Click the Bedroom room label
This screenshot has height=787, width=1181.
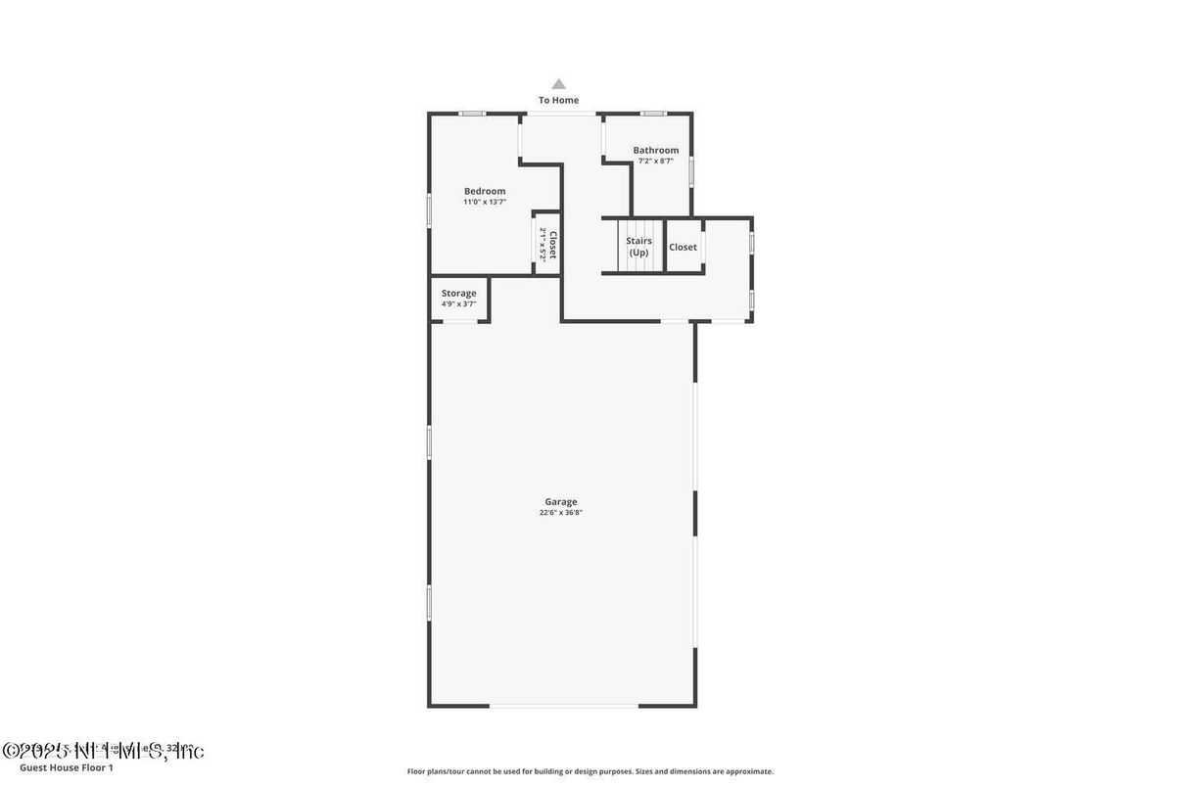(x=485, y=191)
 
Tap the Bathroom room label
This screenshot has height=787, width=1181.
(x=655, y=150)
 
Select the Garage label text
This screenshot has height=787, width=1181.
(x=561, y=502)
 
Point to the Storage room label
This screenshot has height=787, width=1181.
(x=458, y=293)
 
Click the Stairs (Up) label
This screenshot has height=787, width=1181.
(x=638, y=247)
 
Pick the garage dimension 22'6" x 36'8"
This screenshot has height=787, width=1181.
(x=561, y=513)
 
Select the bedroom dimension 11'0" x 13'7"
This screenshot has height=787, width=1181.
(x=485, y=202)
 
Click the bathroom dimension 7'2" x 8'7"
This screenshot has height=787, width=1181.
(x=655, y=161)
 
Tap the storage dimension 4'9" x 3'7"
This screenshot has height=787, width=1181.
(x=458, y=303)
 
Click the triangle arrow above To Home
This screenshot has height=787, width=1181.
(x=558, y=84)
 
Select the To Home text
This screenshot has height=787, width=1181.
(x=558, y=100)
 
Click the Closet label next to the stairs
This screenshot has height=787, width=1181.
(x=683, y=247)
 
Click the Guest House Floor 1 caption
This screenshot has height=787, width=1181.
(x=67, y=767)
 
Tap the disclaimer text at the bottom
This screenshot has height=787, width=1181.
(x=590, y=771)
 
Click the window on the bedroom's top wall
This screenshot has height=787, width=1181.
(x=473, y=114)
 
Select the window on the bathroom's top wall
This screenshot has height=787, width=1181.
(x=653, y=114)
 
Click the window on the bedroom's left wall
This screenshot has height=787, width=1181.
(x=429, y=210)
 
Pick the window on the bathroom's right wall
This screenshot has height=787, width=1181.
(x=691, y=171)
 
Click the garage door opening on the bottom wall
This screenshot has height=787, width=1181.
(x=563, y=706)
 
